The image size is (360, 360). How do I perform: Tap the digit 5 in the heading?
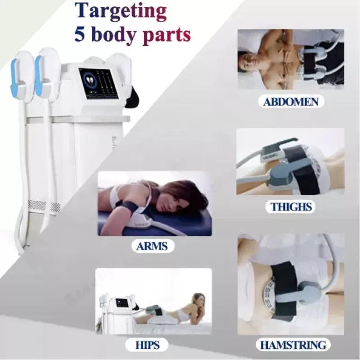80,35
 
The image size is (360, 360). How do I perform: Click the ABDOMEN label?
291,102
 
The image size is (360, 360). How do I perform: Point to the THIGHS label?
291,207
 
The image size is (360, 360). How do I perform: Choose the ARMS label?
152,246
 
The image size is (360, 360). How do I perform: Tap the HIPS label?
147,345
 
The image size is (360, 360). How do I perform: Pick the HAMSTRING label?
293,345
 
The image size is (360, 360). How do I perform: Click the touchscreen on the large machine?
98,84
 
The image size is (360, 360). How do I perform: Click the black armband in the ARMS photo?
127,207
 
